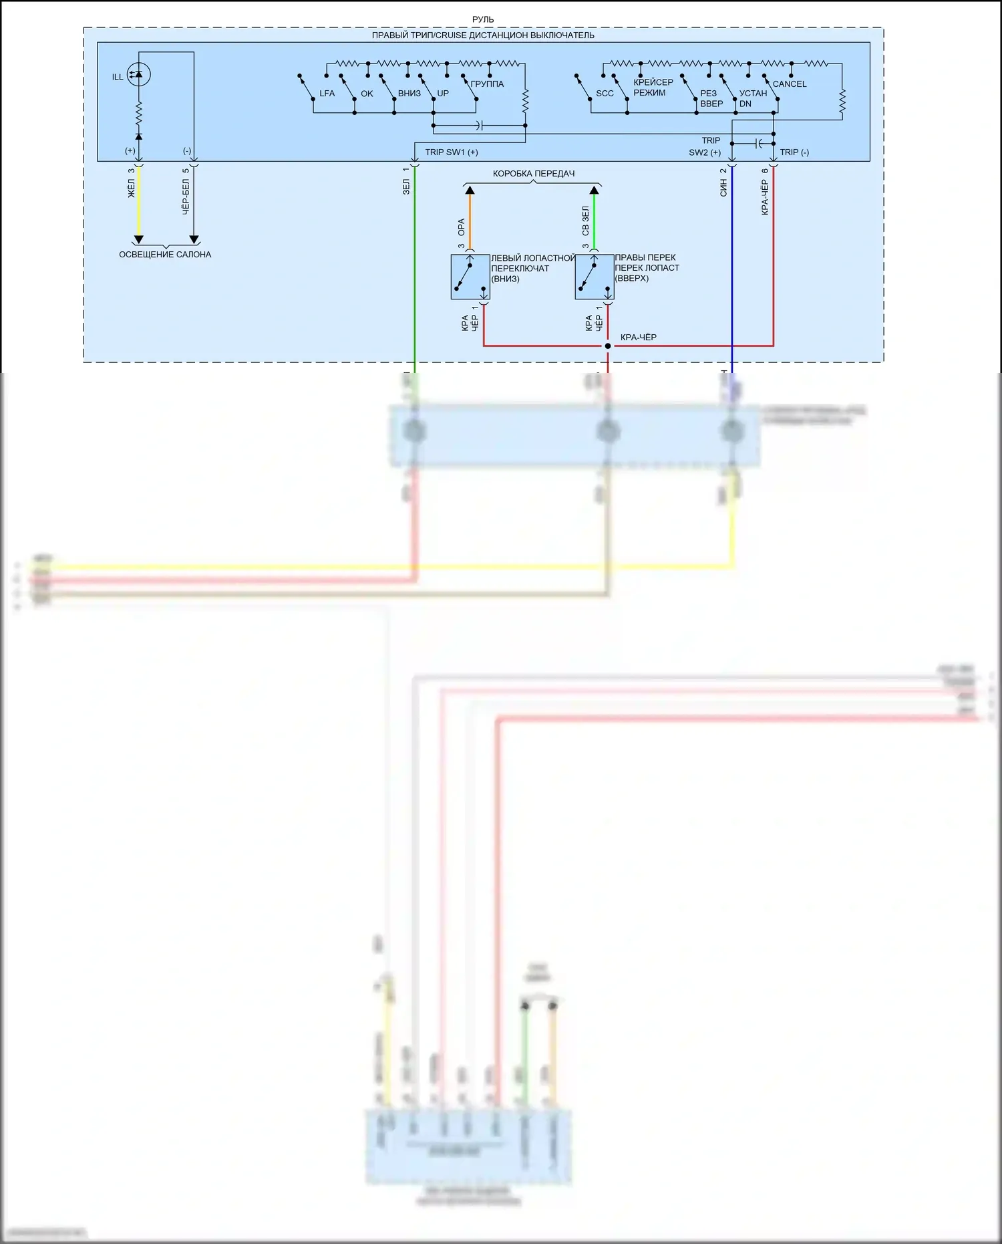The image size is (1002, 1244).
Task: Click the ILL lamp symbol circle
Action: click(x=139, y=74)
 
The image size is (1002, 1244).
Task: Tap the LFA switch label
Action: click(x=327, y=94)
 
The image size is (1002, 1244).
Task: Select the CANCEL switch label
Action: click(x=789, y=84)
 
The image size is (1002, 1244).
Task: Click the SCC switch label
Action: click(x=605, y=94)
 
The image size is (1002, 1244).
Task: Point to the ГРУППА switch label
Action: click(x=487, y=84)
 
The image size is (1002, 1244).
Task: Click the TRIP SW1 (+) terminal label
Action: click(x=452, y=152)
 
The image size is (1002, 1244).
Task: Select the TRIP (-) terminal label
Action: click(x=794, y=152)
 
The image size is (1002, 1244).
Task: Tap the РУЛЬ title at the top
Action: click(x=483, y=20)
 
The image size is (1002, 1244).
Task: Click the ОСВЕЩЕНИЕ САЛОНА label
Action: click(x=165, y=255)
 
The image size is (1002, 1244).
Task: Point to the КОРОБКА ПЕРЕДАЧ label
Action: click(x=534, y=174)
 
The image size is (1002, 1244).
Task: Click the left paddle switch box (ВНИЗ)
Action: click(x=470, y=277)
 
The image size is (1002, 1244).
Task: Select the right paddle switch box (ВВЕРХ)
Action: click(x=595, y=277)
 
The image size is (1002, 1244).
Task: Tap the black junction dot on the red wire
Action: click(x=608, y=346)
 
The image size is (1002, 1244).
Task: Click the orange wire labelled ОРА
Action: click(x=470, y=221)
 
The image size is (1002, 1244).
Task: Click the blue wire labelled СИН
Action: click(x=732, y=267)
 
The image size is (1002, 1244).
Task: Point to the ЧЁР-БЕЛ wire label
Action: click(x=186, y=196)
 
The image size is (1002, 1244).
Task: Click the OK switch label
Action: click(x=367, y=94)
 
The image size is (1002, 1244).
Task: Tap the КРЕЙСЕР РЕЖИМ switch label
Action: click(x=653, y=88)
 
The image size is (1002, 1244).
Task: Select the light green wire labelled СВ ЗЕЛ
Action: click(x=595, y=221)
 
